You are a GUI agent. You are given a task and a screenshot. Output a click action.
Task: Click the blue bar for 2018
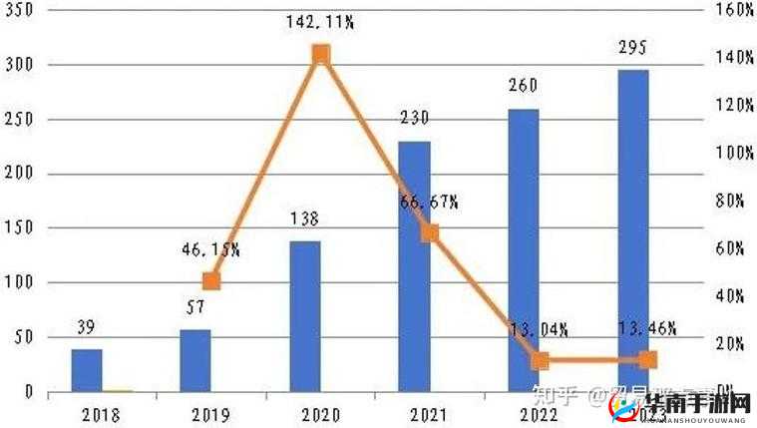87,370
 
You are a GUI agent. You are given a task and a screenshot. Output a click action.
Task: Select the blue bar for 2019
195,360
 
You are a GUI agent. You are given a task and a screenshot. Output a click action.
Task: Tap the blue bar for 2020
305,316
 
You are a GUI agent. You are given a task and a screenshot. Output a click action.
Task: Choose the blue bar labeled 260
524,249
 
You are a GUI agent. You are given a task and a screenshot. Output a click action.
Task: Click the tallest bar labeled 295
632,230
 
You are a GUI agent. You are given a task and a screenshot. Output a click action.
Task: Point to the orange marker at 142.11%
320,54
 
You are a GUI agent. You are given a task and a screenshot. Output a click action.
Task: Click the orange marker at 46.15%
210,281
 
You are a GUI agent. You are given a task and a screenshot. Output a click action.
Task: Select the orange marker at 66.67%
430,233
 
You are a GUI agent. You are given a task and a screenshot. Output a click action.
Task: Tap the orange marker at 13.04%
540,360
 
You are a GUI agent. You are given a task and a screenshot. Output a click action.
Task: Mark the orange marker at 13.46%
648,360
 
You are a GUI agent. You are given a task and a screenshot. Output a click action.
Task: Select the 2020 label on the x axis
319,414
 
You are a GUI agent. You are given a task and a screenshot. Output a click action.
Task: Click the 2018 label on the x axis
101,414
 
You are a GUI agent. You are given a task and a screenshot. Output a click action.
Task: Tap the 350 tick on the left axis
19,11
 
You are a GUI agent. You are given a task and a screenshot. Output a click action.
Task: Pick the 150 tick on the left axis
19,228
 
